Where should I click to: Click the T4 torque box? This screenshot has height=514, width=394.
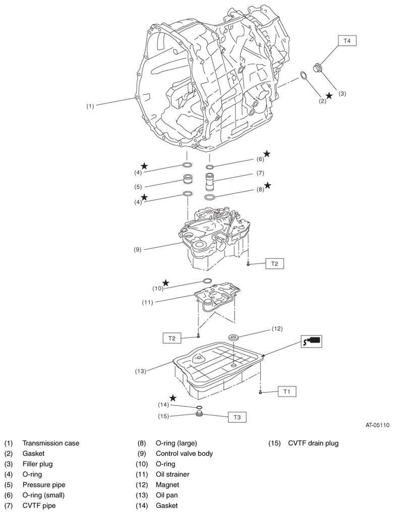point(347,41)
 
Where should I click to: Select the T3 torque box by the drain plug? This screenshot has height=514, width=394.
point(237,418)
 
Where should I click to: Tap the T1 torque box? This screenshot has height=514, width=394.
point(287,391)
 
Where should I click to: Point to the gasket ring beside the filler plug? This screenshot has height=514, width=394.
point(304,76)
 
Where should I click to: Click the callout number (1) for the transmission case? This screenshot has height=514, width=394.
point(90,106)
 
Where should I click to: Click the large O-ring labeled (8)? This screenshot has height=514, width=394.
point(210,197)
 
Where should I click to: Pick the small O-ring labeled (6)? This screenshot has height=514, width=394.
point(210,167)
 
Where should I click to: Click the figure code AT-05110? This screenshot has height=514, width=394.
point(377,425)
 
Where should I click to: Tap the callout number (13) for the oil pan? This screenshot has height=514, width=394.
point(141,371)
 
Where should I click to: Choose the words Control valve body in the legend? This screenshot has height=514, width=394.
point(184,453)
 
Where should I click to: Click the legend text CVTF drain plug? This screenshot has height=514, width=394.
point(313,443)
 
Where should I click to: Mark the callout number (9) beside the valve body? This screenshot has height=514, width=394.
point(138,250)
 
